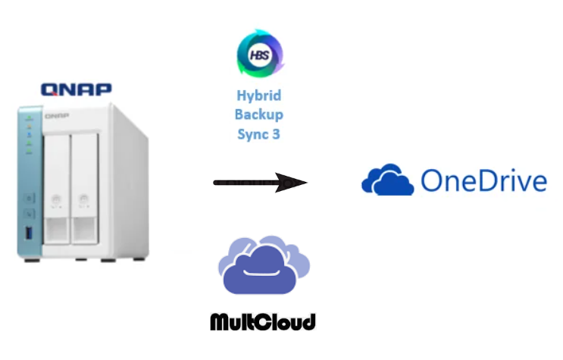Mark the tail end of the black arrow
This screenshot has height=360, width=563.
[217, 182]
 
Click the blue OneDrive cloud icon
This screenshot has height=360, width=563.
[386, 182]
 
